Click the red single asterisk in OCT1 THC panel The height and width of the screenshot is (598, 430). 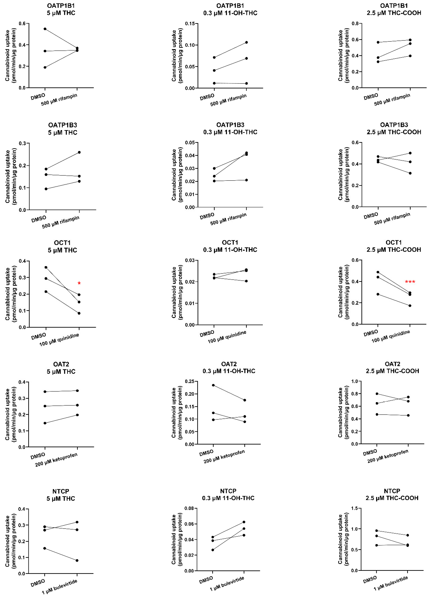79,283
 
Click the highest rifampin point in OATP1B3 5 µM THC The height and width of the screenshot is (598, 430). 79,152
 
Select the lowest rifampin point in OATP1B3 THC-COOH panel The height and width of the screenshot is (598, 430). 410,173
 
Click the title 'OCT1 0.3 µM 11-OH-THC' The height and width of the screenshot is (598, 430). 230,246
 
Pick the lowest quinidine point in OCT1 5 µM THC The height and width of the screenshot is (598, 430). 79,313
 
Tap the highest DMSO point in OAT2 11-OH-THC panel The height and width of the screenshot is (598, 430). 213,385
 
